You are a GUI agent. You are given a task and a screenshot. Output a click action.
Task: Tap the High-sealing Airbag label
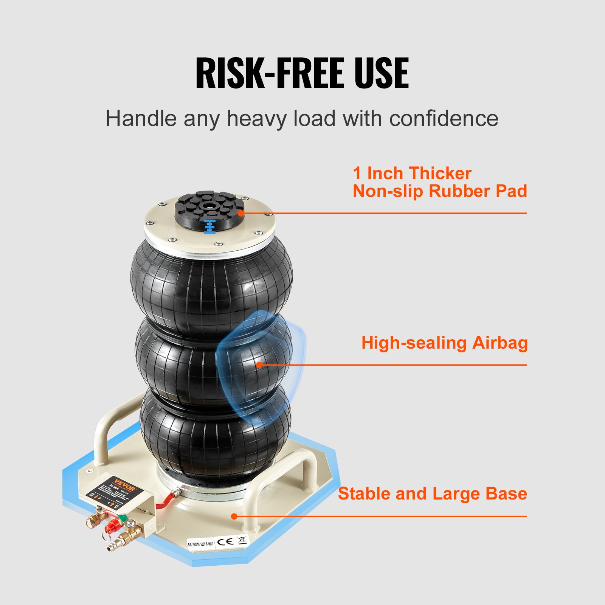[x=444, y=343]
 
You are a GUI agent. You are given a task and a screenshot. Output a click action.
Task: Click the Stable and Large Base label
[x=432, y=494]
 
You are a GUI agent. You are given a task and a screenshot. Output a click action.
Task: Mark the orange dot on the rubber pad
[x=240, y=213]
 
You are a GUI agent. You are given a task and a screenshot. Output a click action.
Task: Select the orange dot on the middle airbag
[x=259, y=365]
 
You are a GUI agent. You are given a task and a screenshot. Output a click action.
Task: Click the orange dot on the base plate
[x=234, y=516]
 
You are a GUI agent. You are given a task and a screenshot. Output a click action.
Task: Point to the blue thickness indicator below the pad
[x=209, y=226]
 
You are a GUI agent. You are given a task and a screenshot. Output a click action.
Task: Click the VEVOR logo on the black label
[x=124, y=484]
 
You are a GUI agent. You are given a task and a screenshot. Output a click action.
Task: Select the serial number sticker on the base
[x=200, y=544]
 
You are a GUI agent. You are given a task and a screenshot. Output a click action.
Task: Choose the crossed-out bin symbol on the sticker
[x=242, y=540]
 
